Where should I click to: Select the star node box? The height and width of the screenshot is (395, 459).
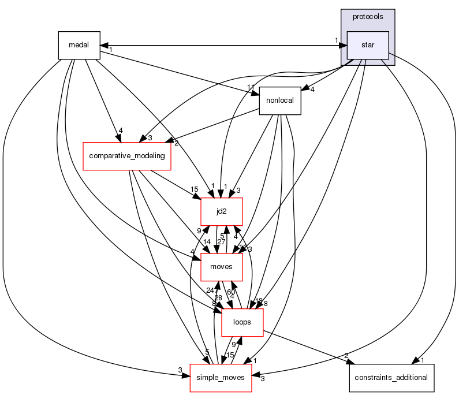click(x=367, y=45)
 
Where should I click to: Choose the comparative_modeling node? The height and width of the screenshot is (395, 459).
click(x=127, y=156)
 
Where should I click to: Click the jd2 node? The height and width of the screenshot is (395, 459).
click(x=221, y=211)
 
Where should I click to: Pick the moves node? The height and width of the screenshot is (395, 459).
click(x=221, y=267)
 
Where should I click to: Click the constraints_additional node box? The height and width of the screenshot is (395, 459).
click(x=391, y=378)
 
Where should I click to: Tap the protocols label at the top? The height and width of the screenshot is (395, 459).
click(x=367, y=17)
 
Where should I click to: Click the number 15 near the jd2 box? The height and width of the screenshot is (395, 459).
click(x=195, y=189)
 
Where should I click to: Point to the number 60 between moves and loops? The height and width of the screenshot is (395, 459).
click(x=231, y=292)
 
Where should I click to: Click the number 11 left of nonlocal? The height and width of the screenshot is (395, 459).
click(x=251, y=87)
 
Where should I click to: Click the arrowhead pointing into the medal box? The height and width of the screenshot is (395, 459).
click(x=104, y=45)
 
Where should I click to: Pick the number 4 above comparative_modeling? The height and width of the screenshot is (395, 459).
click(x=120, y=131)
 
